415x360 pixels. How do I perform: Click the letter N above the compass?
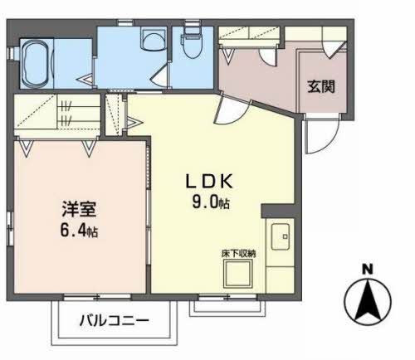coord(367,268)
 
